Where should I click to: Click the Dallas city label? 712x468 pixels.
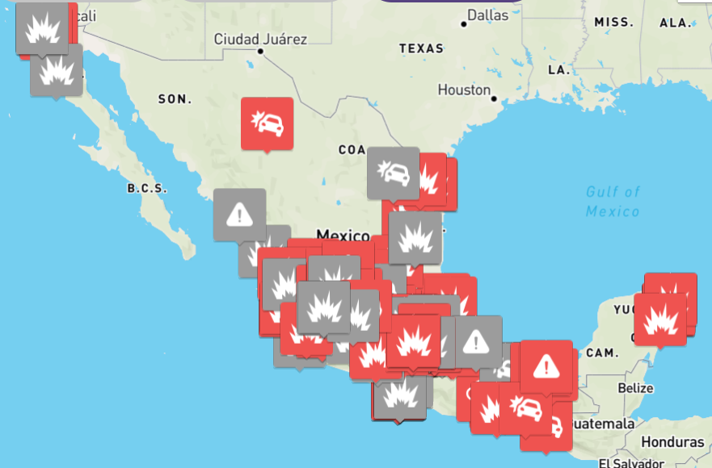[x=488, y=15]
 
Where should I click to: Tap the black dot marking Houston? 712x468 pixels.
[x=493, y=98]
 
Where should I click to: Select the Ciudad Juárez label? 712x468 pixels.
[x=260, y=39]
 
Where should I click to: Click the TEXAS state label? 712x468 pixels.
[x=421, y=48]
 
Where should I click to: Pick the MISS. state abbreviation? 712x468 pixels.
[x=614, y=22]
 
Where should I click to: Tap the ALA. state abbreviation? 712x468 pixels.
[x=676, y=23]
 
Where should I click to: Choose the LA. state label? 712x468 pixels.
[x=559, y=70]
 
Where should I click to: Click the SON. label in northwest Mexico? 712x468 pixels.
[x=175, y=99]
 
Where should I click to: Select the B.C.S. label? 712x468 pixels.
[x=146, y=189]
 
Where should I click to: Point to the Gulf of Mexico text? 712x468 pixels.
[x=613, y=201]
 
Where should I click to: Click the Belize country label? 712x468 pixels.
[x=634, y=388]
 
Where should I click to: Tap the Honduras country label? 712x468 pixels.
[x=672, y=442]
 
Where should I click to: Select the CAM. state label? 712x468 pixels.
[x=602, y=353]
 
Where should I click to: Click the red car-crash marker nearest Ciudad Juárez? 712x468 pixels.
[x=268, y=123]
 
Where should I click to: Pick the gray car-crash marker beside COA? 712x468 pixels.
[x=394, y=173]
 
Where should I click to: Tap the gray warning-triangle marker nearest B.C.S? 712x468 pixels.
[x=240, y=214]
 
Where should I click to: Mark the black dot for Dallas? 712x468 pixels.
[x=464, y=23]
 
